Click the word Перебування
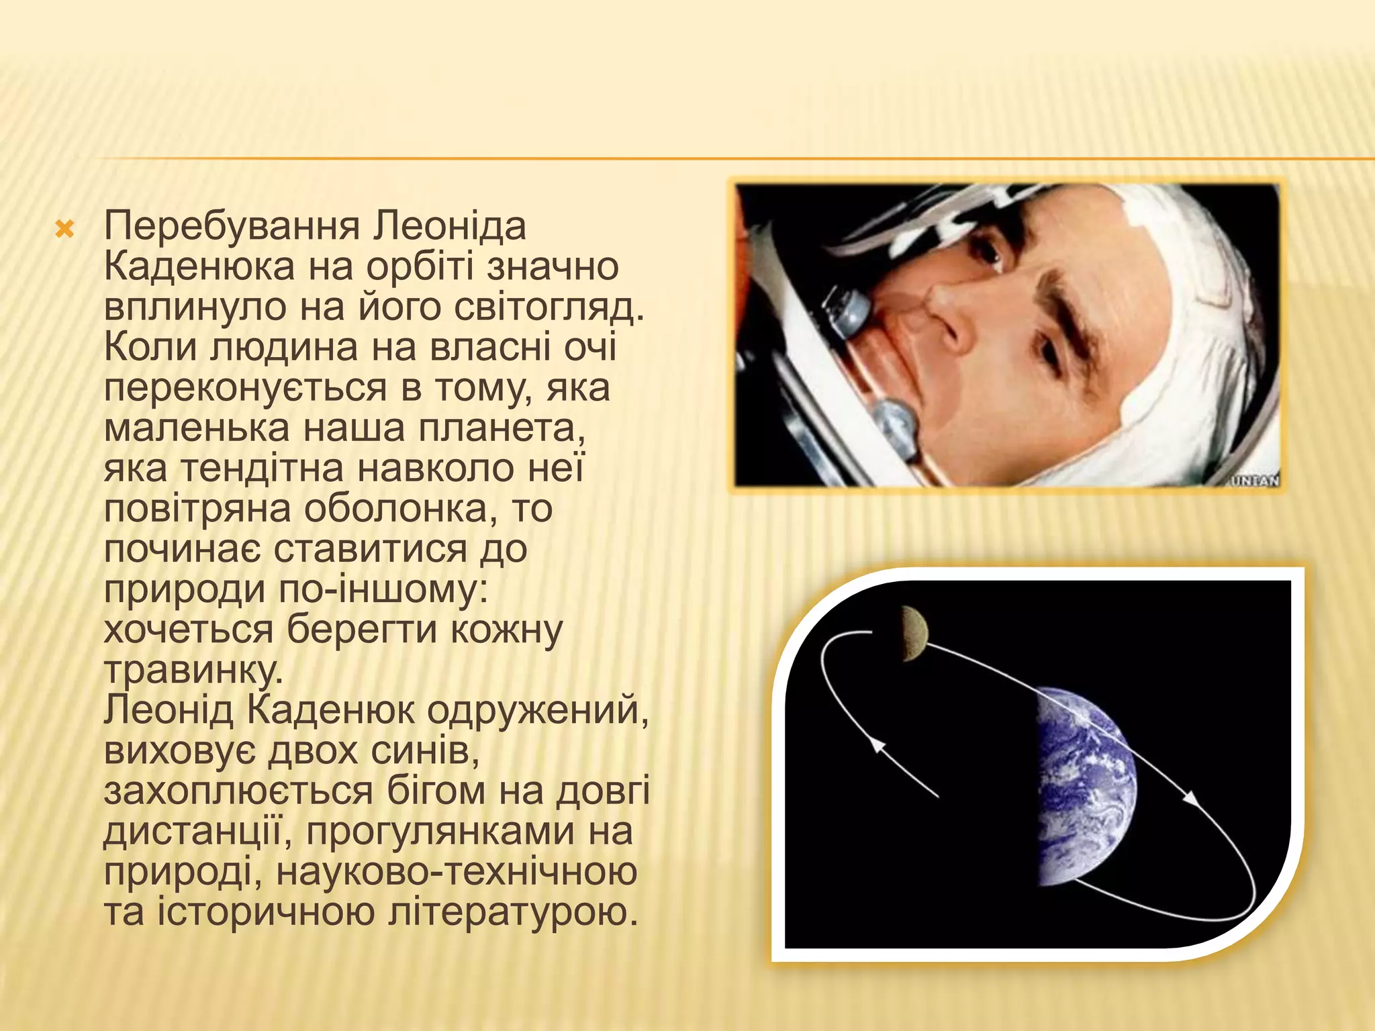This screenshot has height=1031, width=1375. point(232,227)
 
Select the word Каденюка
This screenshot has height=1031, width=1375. point(199,267)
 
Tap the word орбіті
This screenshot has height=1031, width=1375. point(422,267)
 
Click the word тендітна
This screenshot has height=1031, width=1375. point(263,468)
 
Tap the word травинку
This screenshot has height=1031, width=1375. point(193,670)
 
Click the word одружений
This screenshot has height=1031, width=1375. point(537,710)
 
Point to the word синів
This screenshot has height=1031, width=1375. point(424,750)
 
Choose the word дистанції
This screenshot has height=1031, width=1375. point(199,831)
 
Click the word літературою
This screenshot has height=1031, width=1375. point(512,912)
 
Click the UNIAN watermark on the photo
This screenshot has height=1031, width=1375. point(1254,481)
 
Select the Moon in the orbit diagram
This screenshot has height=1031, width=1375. point(914,633)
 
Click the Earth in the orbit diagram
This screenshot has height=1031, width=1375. point(1084,785)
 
